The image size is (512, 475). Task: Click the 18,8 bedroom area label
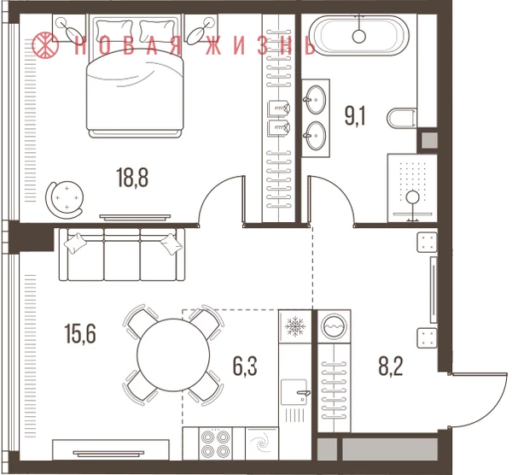132,178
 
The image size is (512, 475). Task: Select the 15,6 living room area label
80,334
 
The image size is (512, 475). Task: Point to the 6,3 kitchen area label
245,366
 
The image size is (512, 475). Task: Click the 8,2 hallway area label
391,366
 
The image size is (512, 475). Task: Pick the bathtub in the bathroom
359,35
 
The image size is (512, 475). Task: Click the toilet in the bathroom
402,118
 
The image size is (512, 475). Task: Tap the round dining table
173,355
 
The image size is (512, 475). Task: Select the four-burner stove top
215,443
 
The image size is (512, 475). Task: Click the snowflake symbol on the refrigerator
295,326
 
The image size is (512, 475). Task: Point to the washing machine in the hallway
334,326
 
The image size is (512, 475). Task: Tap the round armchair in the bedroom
65,198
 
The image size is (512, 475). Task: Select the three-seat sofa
122,255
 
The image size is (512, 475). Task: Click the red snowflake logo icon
45,44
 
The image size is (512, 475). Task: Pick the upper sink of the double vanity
316,99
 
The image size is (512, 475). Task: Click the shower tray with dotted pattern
412,188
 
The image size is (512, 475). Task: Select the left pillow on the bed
114,31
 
